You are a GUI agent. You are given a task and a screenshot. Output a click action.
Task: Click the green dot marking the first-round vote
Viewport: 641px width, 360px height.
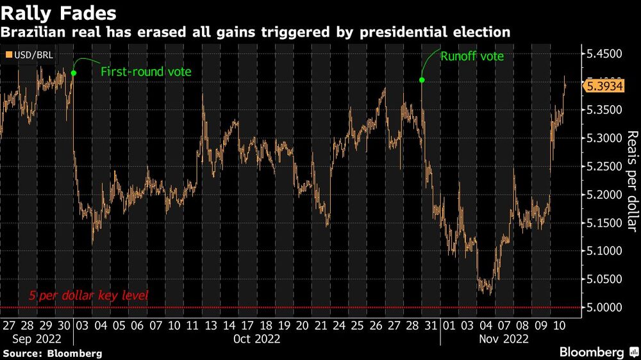click(74, 73)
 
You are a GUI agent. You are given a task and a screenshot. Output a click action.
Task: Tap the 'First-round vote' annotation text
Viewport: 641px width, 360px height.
click(146, 72)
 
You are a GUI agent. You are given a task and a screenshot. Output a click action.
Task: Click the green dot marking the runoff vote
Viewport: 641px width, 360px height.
click(422, 80)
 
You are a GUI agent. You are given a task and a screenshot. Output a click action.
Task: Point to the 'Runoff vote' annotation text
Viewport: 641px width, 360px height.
click(472, 56)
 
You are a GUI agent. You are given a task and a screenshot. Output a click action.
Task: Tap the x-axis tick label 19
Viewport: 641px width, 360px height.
click(283, 325)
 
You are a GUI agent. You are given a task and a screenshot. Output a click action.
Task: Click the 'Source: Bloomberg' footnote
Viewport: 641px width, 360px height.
click(53, 353)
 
